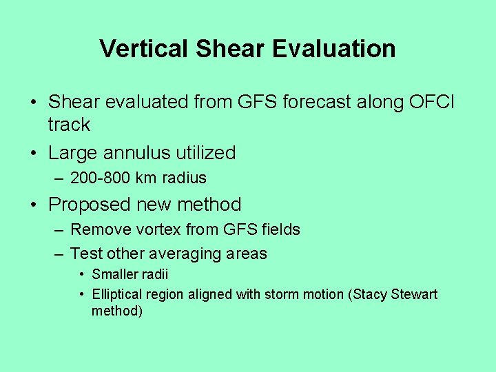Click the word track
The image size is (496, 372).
tap(69, 125)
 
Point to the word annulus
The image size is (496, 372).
tap(132, 153)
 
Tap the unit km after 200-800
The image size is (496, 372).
tap(146, 178)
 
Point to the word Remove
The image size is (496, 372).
tap(96, 229)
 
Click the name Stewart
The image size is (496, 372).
tap(414, 294)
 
